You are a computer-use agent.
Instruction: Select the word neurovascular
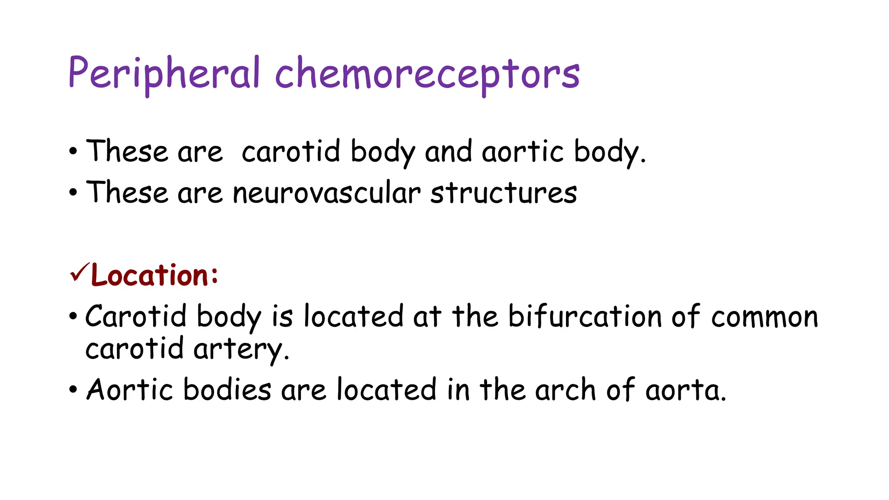tap(326, 193)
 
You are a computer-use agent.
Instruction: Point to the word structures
tap(504, 193)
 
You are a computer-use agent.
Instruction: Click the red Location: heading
tap(155, 275)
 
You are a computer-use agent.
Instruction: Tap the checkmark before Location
tap(79, 273)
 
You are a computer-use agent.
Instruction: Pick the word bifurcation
tap(584, 316)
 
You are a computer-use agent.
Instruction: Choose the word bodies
tap(227, 389)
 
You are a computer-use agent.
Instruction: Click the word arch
tap(565, 389)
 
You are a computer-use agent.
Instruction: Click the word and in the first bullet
tap(448, 152)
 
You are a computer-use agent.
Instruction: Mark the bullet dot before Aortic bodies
tap(73, 389)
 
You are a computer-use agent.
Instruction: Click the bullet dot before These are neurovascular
tap(73, 193)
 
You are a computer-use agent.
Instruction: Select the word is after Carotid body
tap(282, 316)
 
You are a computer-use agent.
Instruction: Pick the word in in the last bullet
tap(458, 389)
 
